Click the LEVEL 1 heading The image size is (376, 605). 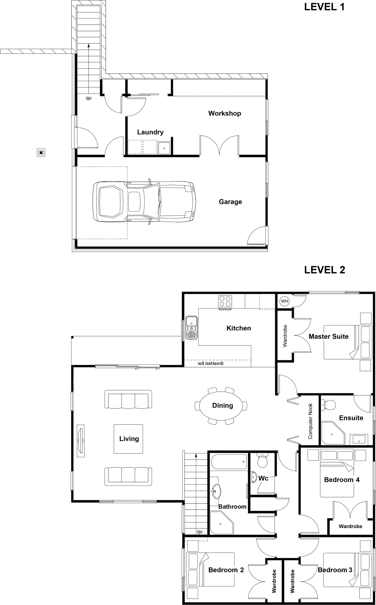click(x=324, y=7)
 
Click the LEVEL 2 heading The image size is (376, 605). click(x=325, y=270)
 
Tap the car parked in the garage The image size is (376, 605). click(x=144, y=202)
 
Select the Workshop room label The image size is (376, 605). click(x=224, y=113)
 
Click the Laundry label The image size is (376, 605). click(x=150, y=132)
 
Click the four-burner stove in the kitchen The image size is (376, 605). click(x=225, y=301)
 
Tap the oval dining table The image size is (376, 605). click(x=223, y=406)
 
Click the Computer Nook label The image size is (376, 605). click(x=310, y=421)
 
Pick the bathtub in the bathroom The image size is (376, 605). click(x=228, y=462)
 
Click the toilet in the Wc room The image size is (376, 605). click(x=262, y=460)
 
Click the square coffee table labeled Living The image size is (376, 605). click(x=129, y=439)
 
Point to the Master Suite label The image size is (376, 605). click(x=329, y=336)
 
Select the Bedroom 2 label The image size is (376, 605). click(x=226, y=570)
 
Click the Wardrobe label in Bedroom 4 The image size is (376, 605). click(x=350, y=526)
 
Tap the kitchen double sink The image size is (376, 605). click(x=191, y=328)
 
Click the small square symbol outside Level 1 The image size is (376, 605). click(x=41, y=153)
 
